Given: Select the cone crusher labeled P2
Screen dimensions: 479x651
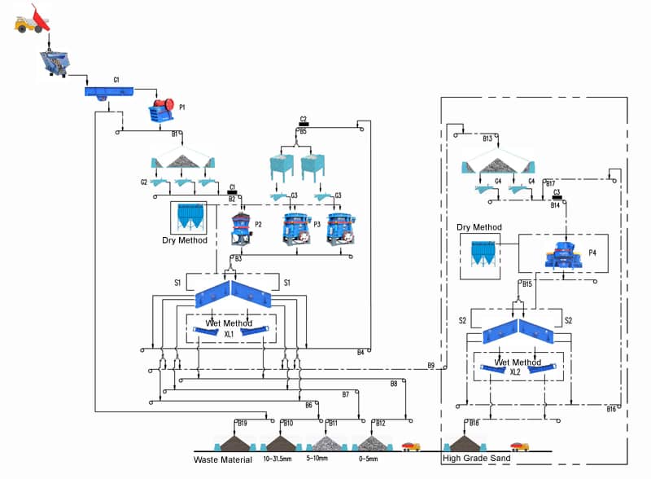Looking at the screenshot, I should [x=240, y=228].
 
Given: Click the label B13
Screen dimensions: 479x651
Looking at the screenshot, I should [x=487, y=138].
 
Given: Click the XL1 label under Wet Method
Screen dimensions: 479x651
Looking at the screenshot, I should [x=229, y=334].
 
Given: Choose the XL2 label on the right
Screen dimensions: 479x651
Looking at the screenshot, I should [x=515, y=371].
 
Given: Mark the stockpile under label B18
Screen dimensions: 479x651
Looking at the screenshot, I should [x=466, y=442].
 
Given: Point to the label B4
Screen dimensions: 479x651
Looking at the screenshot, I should [x=360, y=352].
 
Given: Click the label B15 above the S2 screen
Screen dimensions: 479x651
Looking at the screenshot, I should [x=527, y=283].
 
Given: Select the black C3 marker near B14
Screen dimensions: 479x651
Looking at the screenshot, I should [x=557, y=196].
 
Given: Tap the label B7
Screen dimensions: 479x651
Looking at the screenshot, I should [x=345, y=394].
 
